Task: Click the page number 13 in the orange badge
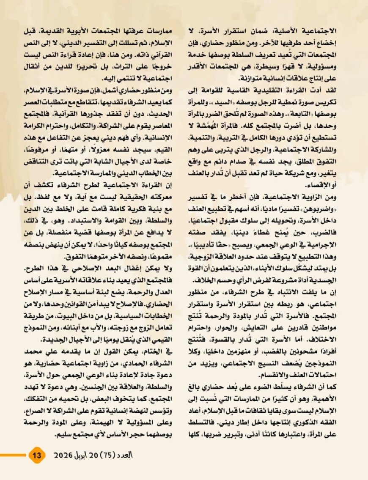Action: point(36,455)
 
